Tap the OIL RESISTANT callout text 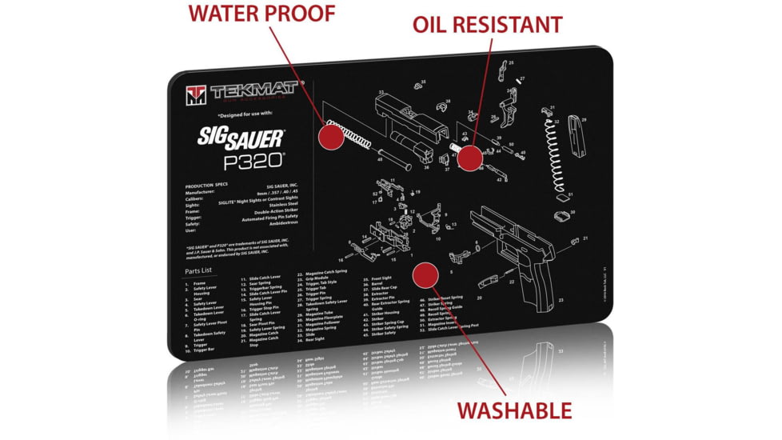(x=487, y=24)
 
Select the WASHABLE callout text (x=514, y=410)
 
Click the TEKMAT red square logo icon (x=196, y=94)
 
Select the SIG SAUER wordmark (x=241, y=138)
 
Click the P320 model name (x=253, y=161)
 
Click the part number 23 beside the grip (x=561, y=300)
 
